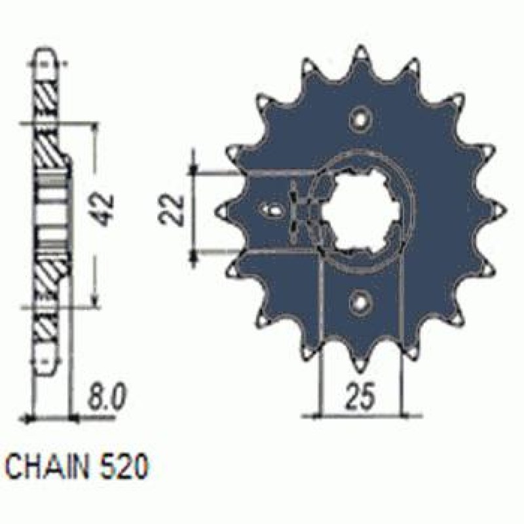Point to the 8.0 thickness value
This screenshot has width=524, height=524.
tap(106, 396)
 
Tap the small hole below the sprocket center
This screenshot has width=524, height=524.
tap(360, 301)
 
